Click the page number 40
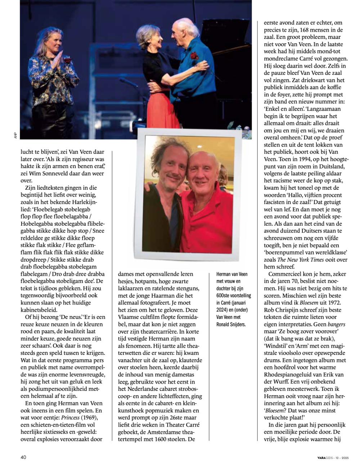[x=23, y=457]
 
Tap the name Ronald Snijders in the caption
[x=230, y=324]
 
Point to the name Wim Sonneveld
[x=53, y=173]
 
